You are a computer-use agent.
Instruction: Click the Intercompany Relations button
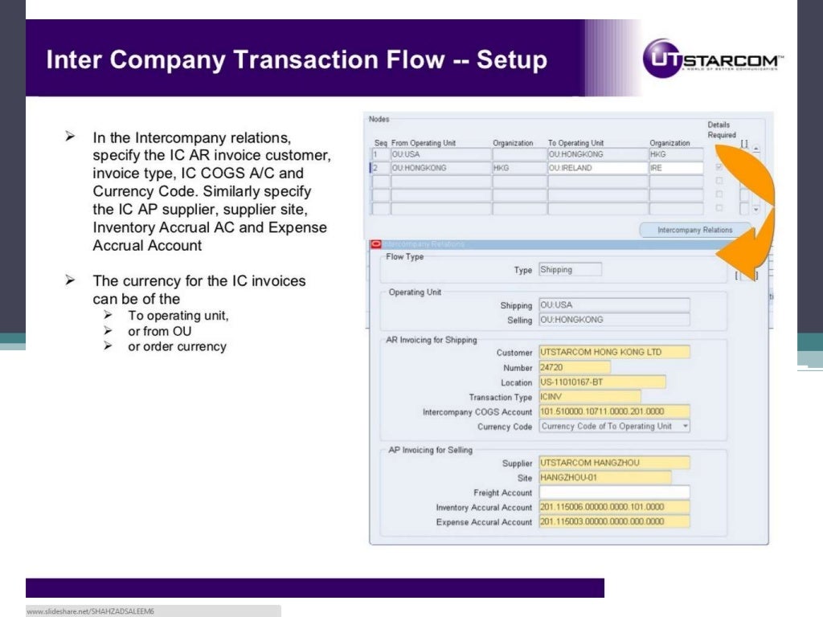pyautogui.click(x=695, y=230)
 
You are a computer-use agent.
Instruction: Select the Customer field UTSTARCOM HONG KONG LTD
pyautogui.click(x=614, y=352)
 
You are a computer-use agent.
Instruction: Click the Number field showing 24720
pyautogui.click(x=574, y=367)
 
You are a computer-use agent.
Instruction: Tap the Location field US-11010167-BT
pyautogui.click(x=601, y=382)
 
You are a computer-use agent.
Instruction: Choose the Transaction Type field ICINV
pyautogui.click(x=589, y=397)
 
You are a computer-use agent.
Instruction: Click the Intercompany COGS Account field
pyautogui.click(x=614, y=412)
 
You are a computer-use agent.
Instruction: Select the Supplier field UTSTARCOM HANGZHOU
pyautogui.click(x=614, y=463)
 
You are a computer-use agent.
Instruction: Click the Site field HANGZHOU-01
pyautogui.click(x=604, y=478)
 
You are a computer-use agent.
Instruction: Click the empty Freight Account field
pyautogui.click(x=614, y=492)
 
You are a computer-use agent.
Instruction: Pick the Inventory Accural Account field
pyautogui.click(x=614, y=508)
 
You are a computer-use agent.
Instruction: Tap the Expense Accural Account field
pyautogui.click(x=614, y=522)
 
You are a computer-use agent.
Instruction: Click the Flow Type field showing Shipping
pyautogui.click(x=569, y=270)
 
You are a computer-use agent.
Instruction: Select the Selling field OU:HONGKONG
pyautogui.click(x=614, y=320)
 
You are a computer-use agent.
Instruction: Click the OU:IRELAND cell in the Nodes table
pyautogui.click(x=597, y=169)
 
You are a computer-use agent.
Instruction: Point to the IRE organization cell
pyautogui.click(x=676, y=169)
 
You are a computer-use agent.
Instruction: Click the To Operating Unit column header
pyautogui.click(x=576, y=143)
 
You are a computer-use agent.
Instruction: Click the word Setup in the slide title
pyautogui.click(x=511, y=60)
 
